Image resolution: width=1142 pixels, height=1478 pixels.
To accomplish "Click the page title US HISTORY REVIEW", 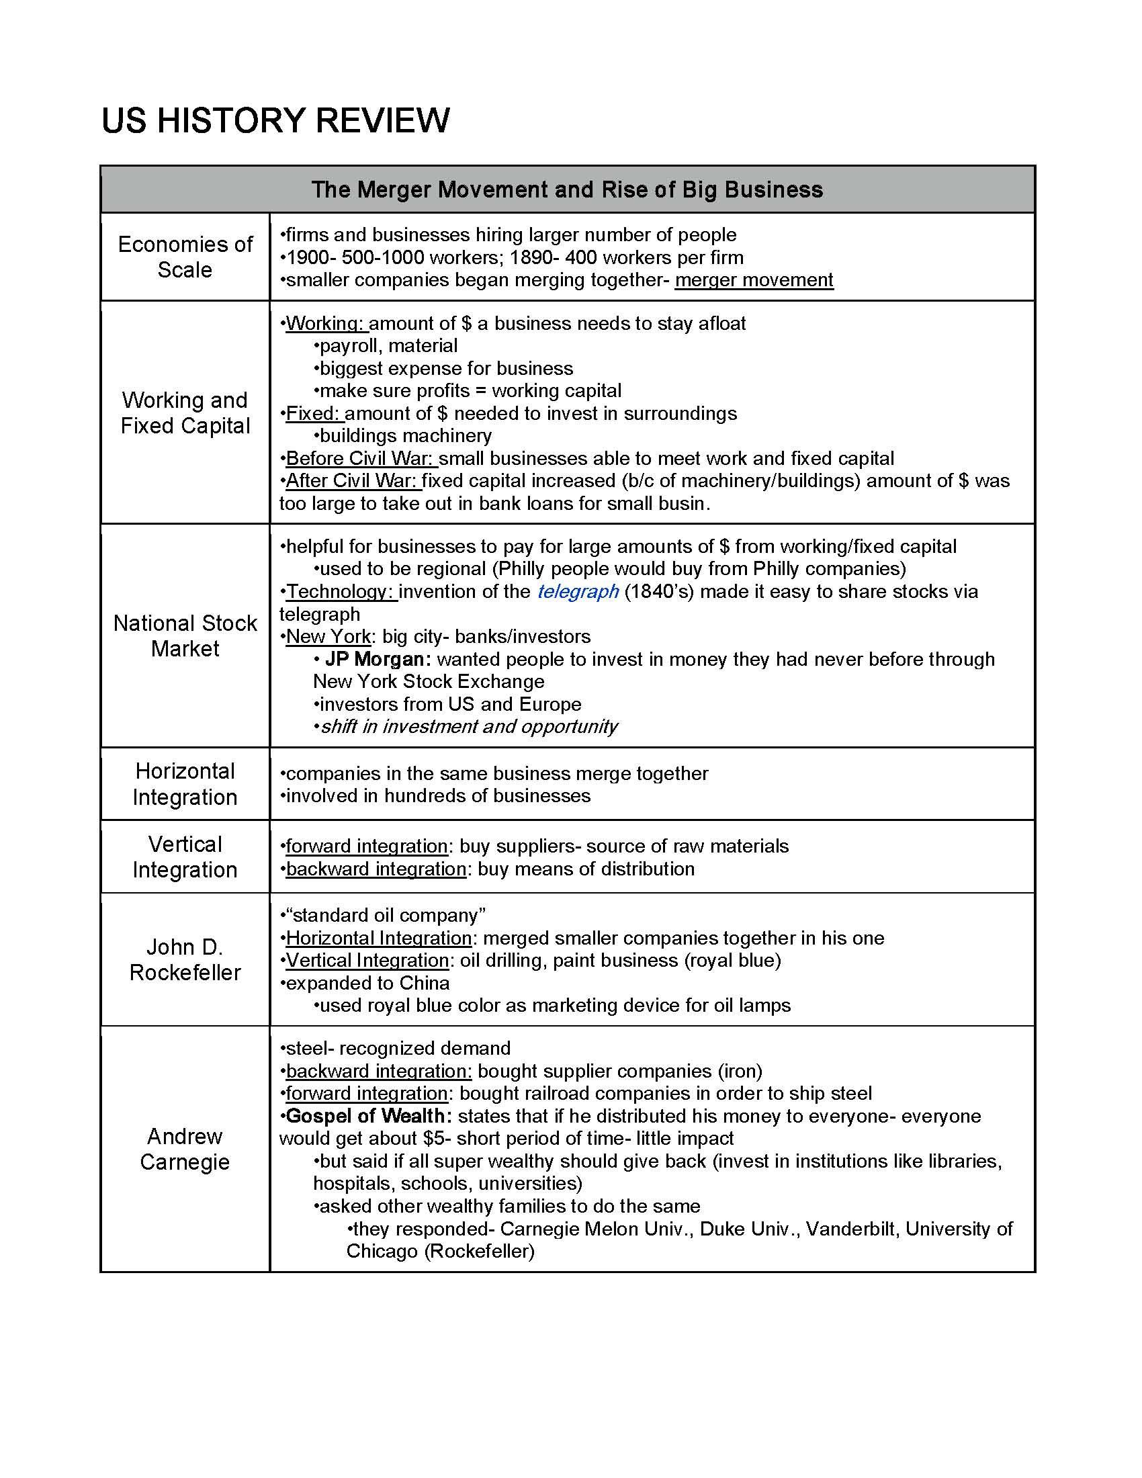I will tap(275, 121).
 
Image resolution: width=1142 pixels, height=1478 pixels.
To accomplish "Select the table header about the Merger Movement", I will tap(567, 189).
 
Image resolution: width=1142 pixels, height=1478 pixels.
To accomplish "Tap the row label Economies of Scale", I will tap(185, 257).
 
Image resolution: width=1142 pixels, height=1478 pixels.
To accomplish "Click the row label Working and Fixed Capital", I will tap(185, 412).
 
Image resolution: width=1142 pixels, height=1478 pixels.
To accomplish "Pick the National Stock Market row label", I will tap(185, 636).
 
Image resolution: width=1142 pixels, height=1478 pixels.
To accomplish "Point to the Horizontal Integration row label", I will tap(185, 783).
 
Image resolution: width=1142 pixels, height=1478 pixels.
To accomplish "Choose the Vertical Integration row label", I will tap(185, 857).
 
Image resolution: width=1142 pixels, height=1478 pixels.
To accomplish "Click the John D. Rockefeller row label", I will tap(185, 959).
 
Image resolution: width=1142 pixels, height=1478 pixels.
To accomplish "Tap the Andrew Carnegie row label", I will tap(185, 1149).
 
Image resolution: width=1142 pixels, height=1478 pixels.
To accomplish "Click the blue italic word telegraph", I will tap(578, 591).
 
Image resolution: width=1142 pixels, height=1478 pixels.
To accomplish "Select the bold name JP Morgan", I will tap(378, 659).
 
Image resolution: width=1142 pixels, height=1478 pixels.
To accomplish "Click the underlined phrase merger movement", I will tap(754, 280).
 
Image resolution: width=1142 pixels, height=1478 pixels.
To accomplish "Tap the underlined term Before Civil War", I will tap(360, 458).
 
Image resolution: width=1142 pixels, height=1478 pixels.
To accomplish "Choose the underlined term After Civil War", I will tap(352, 480).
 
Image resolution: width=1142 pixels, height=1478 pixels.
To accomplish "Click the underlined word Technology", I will tap(340, 591).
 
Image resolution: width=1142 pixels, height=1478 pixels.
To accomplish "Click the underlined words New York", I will tap(328, 636).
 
